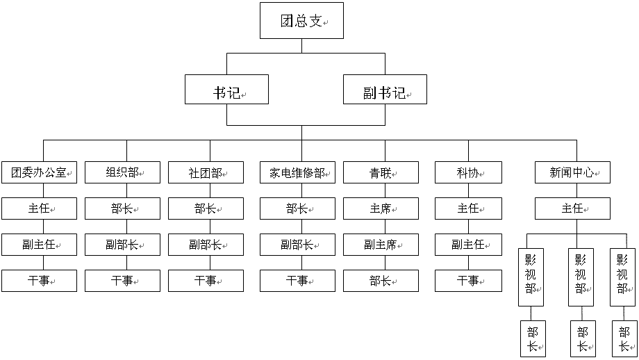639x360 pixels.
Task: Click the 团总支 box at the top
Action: tap(301, 21)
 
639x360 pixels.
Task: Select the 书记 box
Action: tap(226, 89)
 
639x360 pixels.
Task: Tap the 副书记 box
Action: tap(385, 89)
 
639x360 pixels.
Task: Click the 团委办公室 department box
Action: tap(39, 172)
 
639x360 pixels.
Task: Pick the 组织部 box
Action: tap(123, 172)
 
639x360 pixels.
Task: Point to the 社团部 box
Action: tap(206, 172)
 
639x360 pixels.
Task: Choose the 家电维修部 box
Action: tap(297, 172)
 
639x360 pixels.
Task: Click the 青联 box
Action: tap(381, 172)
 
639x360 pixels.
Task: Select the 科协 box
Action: tap(468, 172)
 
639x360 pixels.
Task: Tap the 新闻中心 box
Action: tap(572, 172)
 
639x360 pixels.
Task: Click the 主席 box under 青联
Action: tap(381, 208)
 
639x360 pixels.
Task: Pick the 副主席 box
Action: tap(381, 245)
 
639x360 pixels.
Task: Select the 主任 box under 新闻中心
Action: tap(572, 208)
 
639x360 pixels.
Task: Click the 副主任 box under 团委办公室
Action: tap(39, 245)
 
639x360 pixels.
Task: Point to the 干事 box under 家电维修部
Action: tap(297, 281)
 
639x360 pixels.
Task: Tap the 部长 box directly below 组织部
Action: tap(123, 208)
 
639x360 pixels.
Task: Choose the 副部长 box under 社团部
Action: tap(206, 245)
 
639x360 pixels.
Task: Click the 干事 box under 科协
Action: tap(468, 281)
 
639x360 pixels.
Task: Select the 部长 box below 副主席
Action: tap(381, 281)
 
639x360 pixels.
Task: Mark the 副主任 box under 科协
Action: tap(468, 245)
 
